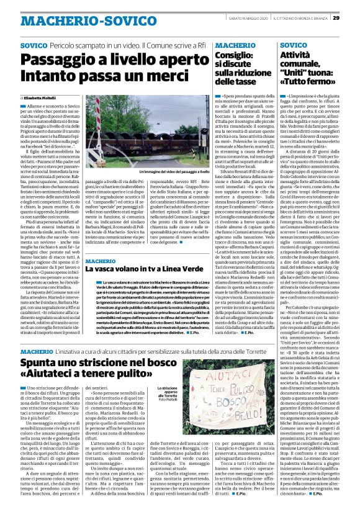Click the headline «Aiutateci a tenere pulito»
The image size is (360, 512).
tap(80, 378)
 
